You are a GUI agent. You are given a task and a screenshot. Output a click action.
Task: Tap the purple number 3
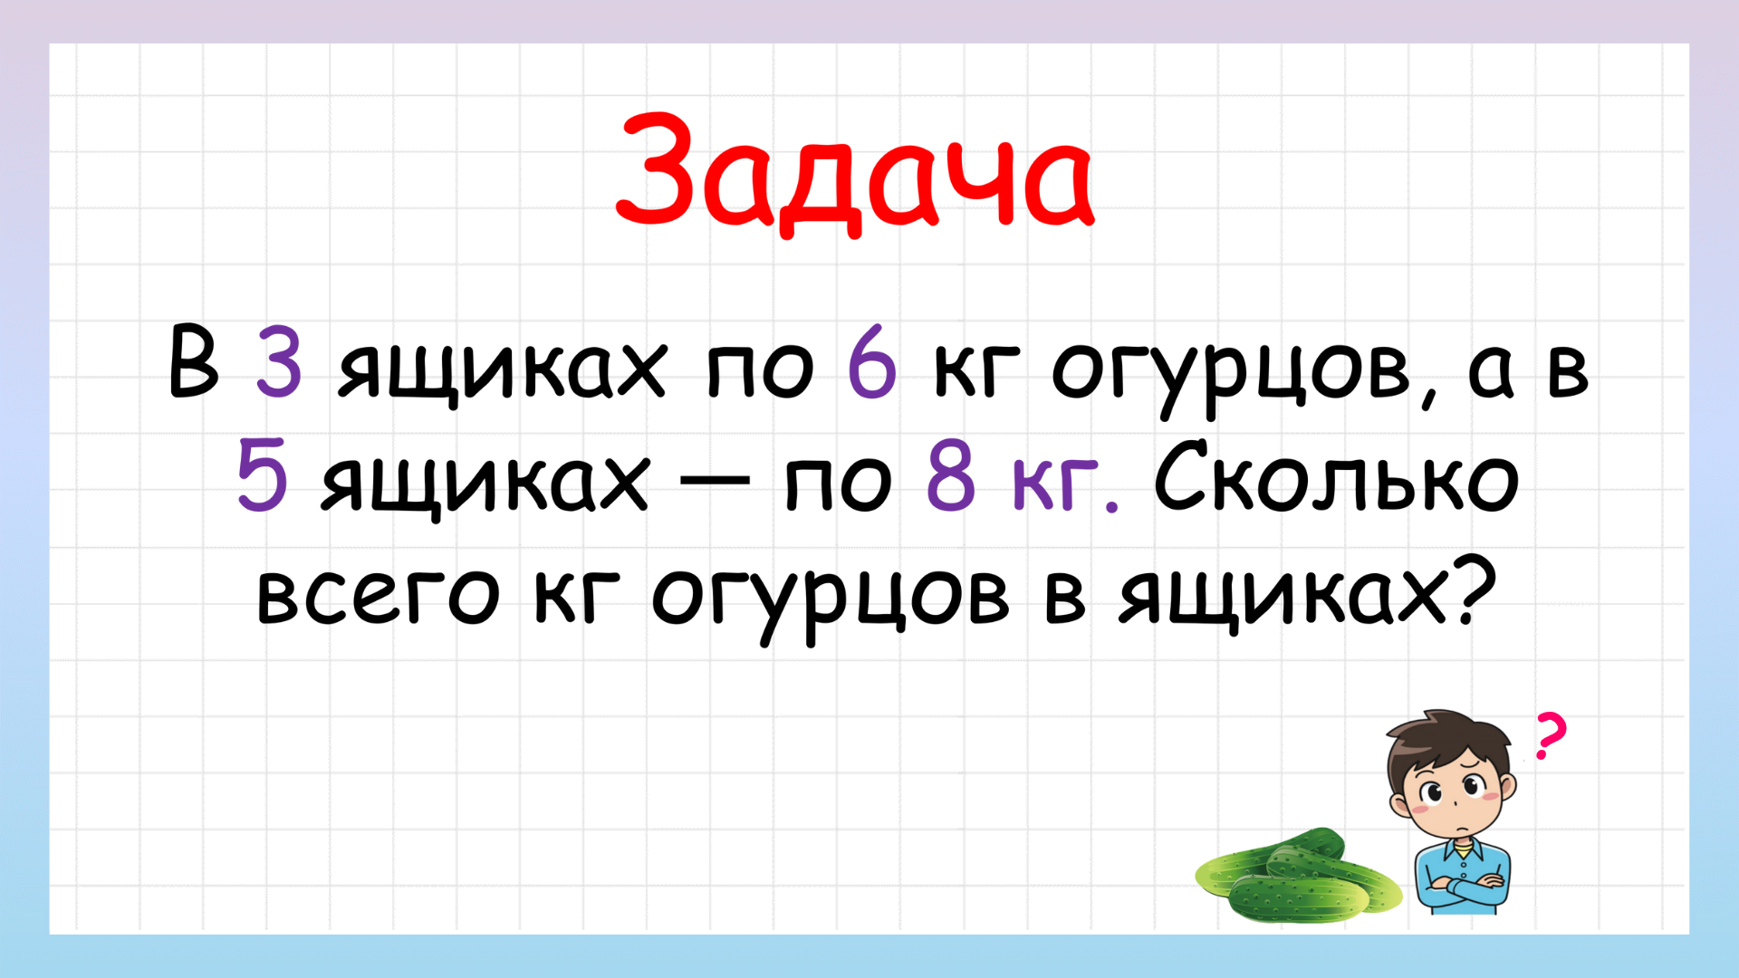tap(278, 363)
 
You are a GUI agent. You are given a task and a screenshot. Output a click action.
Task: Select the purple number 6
tap(871, 363)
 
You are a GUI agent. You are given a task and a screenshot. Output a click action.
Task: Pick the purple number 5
tap(262, 477)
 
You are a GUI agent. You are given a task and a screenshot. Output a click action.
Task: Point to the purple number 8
tap(951, 477)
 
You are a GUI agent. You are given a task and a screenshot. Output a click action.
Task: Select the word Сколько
tap(1336, 477)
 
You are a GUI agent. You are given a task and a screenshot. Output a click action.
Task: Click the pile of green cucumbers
tap(1295, 877)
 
